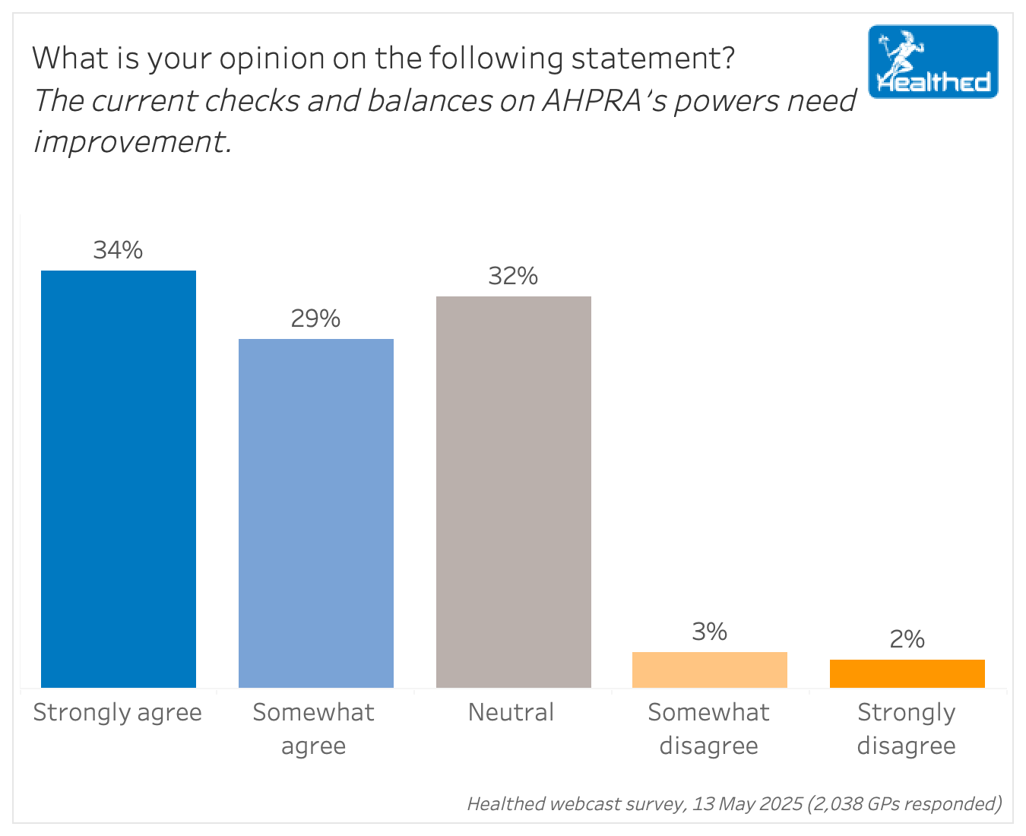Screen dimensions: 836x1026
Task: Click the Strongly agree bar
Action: pyautogui.click(x=119, y=479)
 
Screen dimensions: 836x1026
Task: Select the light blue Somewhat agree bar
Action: pyautogui.click(x=316, y=513)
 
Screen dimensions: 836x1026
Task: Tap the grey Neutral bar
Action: pyautogui.click(x=514, y=492)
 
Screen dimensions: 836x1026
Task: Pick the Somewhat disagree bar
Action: pyautogui.click(x=710, y=670)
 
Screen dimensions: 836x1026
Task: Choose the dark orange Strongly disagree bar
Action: pyautogui.click(x=907, y=673)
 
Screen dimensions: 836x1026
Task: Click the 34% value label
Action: pyautogui.click(x=118, y=250)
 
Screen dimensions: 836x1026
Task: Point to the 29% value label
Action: pyautogui.click(x=315, y=318)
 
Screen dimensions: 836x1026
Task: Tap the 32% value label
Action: pyautogui.click(x=513, y=276)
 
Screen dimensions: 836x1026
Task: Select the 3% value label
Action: pyautogui.click(x=710, y=632)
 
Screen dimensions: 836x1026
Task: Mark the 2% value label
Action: pyautogui.click(x=907, y=639)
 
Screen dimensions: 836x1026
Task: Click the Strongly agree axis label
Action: pyautogui.click(x=118, y=713)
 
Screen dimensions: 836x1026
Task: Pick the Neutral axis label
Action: pyautogui.click(x=511, y=713)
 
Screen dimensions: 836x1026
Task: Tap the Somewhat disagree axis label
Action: pyautogui.click(x=708, y=729)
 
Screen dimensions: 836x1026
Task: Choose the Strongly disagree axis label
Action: pyautogui.click(x=906, y=729)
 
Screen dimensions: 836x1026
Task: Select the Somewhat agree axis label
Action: pyautogui.click(x=314, y=729)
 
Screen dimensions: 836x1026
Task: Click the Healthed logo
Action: pyautogui.click(x=933, y=62)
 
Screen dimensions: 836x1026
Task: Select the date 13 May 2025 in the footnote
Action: pyautogui.click(x=747, y=804)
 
